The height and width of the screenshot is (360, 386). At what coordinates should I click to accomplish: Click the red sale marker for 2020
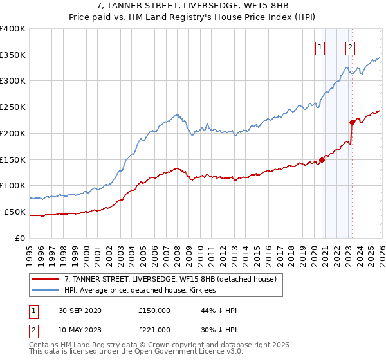pyautogui.click(x=322, y=159)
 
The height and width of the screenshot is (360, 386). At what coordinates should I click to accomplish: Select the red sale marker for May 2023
pyautogui.click(x=352, y=122)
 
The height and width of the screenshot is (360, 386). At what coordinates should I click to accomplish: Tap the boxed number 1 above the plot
pyautogui.click(x=320, y=46)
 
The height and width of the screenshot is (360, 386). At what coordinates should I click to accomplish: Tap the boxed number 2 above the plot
pyautogui.click(x=350, y=46)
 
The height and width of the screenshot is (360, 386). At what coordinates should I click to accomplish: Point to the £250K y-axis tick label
pyautogui.click(x=13, y=107)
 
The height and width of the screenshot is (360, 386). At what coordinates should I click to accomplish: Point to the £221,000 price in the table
pyautogui.click(x=154, y=330)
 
